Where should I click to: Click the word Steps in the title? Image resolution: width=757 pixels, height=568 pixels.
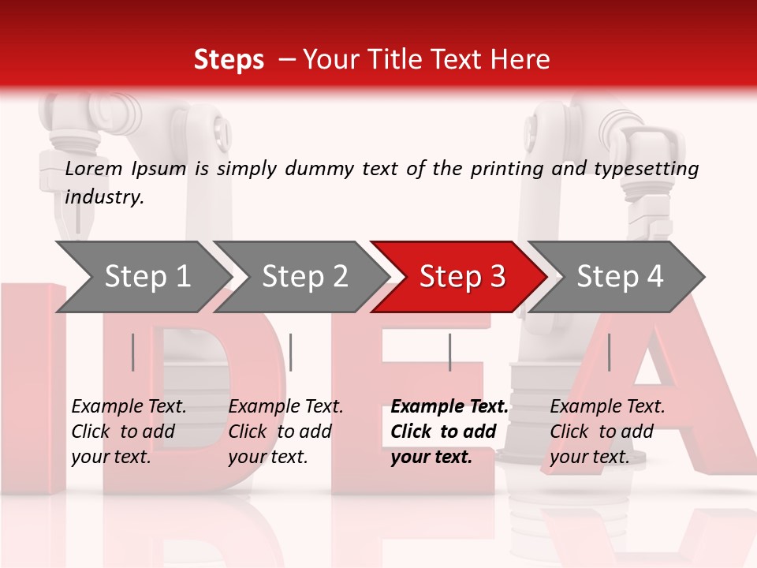click(x=229, y=60)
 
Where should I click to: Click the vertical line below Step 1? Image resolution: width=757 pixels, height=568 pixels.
click(x=133, y=352)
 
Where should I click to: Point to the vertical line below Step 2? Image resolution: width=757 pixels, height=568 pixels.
click(x=291, y=352)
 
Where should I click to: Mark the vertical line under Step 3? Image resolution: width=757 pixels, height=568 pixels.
click(x=449, y=352)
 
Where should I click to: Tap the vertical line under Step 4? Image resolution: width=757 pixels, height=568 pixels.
click(x=609, y=352)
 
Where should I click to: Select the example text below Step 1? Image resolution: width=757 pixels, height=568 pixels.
click(x=129, y=432)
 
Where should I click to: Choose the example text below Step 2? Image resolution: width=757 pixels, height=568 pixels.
click(x=285, y=432)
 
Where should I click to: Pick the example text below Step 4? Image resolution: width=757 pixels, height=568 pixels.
click(x=607, y=432)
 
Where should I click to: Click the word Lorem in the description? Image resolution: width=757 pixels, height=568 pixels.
click(x=94, y=168)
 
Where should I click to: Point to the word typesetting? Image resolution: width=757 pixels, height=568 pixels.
click(x=649, y=168)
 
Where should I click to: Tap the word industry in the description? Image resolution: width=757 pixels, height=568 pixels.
click(x=103, y=196)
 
